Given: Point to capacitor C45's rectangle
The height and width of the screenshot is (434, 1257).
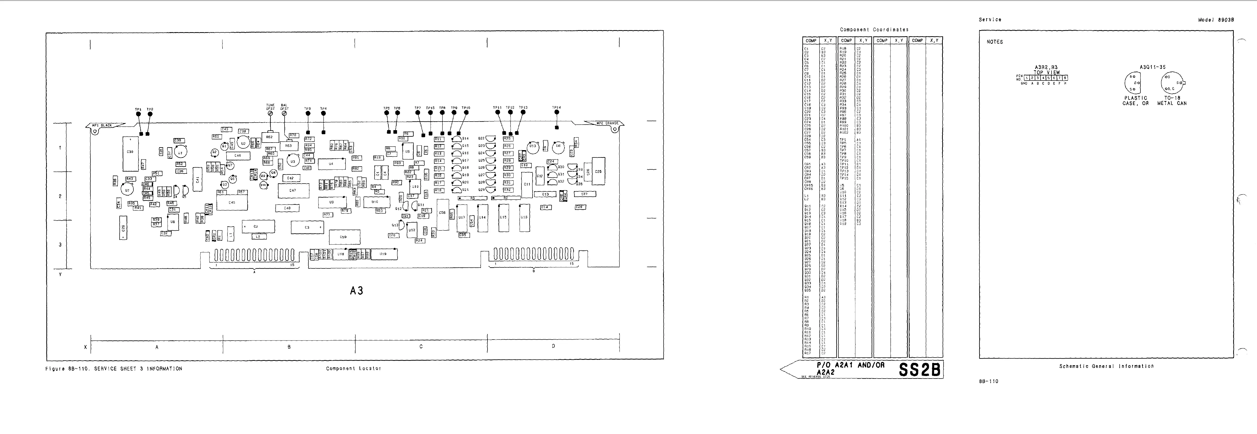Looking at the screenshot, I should point(232,202).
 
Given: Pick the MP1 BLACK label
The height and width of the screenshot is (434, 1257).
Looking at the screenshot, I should point(102,125).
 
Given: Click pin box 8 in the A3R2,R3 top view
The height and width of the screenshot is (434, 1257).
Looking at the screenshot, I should point(1065,77).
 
